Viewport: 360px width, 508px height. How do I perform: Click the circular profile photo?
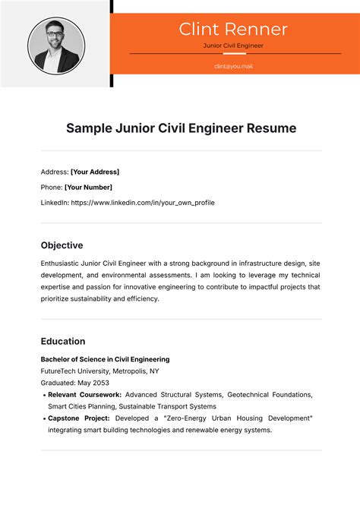(x=55, y=45)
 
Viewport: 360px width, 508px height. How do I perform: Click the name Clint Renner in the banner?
(x=233, y=30)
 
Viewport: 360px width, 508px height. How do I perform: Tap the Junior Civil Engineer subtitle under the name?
(x=233, y=46)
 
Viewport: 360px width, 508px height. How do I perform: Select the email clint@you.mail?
(x=233, y=66)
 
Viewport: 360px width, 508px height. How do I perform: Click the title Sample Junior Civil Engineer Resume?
(x=181, y=128)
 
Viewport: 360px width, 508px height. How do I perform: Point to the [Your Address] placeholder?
(x=95, y=172)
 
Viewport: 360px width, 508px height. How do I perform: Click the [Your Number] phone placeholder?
(x=88, y=187)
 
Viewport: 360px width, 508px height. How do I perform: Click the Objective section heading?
(x=62, y=245)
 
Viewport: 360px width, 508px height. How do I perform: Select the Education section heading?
(x=62, y=341)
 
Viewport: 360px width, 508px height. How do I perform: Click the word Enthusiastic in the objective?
(x=63, y=263)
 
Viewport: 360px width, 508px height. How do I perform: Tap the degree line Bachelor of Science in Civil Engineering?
(x=105, y=359)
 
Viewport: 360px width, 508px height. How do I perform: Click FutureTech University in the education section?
(x=74, y=371)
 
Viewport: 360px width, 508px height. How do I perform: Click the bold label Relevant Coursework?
(x=84, y=395)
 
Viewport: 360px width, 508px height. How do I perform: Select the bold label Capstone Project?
(x=79, y=418)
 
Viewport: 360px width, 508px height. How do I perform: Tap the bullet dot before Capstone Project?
(x=43, y=418)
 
